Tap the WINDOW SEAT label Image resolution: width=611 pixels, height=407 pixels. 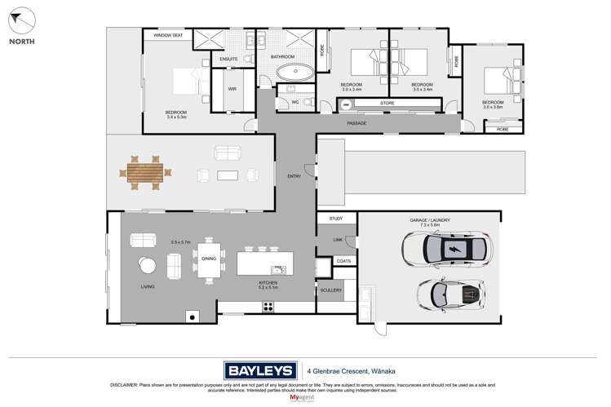click(x=168, y=36)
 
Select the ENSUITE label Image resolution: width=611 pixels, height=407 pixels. click(x=228, y=59)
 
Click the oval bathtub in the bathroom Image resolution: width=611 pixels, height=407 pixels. click(x=291, y=72)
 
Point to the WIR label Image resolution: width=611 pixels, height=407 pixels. click(x=232, y=89)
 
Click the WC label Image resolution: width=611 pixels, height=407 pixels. click(x=295, y=102)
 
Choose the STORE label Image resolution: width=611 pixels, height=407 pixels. click(x=387, y=104)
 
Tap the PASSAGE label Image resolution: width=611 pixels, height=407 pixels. click(x=356, y=123)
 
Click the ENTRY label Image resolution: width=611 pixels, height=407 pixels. click(x=294, y=176)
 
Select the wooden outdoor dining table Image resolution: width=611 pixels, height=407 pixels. click(x=145, y=172)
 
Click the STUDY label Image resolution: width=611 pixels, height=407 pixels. click(x=336, y=219)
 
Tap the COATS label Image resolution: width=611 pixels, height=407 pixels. click(x=343, y=261)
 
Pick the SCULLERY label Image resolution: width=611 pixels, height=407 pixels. click(x=331, y=290)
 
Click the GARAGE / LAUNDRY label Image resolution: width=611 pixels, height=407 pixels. click(x=430, y=220)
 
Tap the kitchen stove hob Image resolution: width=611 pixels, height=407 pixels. click(x=267, y=307)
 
